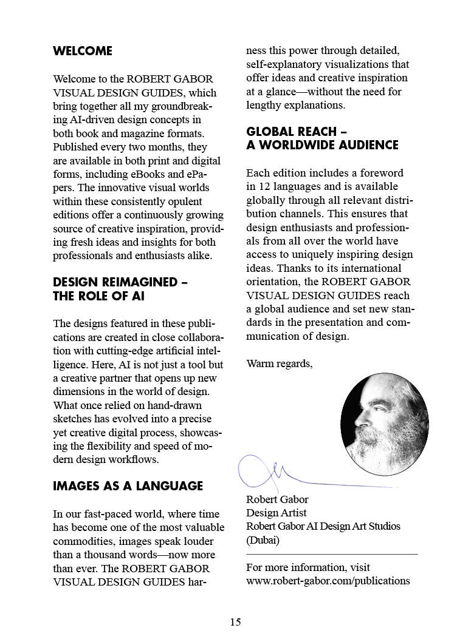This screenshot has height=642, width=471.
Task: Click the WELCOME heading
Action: (83, 51)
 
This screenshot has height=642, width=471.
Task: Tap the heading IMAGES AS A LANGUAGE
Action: (128, 486)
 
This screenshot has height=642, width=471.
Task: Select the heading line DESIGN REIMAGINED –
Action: (120, 282)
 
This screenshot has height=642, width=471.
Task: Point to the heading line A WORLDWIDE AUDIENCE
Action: (322, 145)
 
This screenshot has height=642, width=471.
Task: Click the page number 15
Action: (235, 621)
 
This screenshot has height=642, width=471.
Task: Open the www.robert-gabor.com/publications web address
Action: (328, 581)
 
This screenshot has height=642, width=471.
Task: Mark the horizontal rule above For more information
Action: (332, 554)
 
